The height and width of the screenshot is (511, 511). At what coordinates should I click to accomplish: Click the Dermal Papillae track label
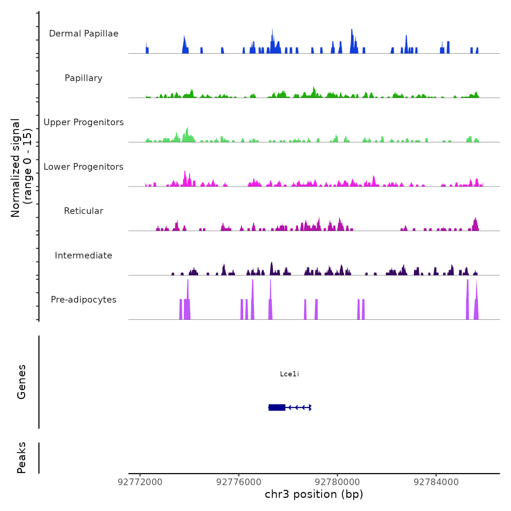pos(84,34)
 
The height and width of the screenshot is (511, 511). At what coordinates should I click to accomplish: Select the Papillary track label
pos(84,78)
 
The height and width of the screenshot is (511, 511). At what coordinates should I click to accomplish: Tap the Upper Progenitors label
pos(84,122)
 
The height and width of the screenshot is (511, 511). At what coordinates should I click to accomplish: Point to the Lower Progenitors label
pos(84,167)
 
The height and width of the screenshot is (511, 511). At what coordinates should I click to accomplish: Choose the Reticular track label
pos(84,211)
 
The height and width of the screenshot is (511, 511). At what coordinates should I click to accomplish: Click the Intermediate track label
pos(84,255)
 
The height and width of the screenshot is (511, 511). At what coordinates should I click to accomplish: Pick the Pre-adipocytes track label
pos(84,300)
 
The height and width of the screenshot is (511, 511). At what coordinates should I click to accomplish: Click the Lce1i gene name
pos(289,374)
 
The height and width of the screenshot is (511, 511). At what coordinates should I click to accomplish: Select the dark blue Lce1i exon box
pos(277,407)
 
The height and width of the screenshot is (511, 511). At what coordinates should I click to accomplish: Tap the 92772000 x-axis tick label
pos(140,482)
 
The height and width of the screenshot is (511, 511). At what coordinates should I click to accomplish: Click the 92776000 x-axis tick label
pos(239,482)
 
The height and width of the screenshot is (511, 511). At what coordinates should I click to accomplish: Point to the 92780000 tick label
pos(338,482)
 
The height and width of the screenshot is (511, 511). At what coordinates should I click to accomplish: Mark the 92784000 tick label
pos(436,482)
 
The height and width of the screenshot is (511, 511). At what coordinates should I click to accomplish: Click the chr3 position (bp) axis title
pos(314,495)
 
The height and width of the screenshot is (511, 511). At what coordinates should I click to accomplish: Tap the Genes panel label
pos(22,382)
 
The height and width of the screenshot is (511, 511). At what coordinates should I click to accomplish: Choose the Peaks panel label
pos(22,458)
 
